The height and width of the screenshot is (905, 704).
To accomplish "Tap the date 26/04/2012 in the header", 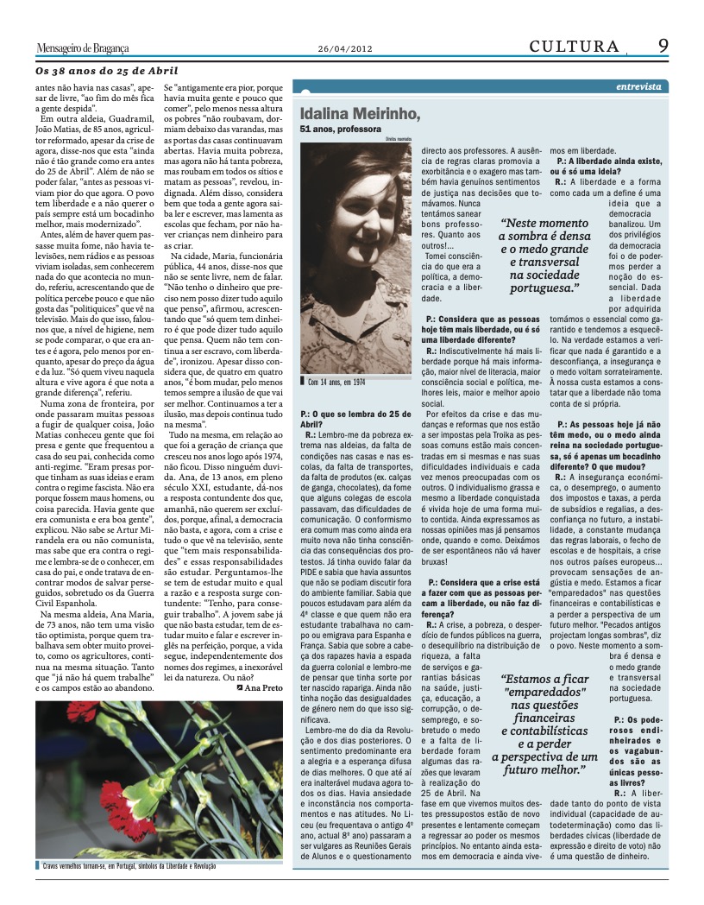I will [345, 48].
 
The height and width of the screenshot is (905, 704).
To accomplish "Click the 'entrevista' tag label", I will [639, 87].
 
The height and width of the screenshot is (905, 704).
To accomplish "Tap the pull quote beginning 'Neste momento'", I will [544, 256].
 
